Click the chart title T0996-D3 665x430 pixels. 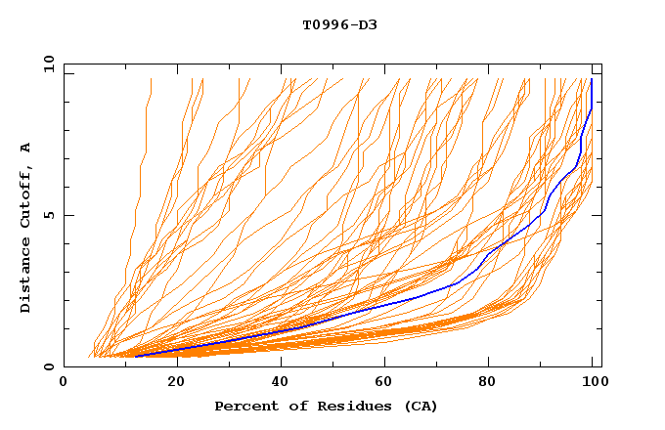(x=339, y=24)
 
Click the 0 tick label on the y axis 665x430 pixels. (x=48, y=367)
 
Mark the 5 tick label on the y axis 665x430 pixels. (x=48, y=215)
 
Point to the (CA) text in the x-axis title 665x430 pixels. (x=421, y=407)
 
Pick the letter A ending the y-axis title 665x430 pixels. (x=26, y=148)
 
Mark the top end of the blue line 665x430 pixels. (x=592, y=80)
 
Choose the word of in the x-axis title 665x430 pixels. (x=298, y=407)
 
